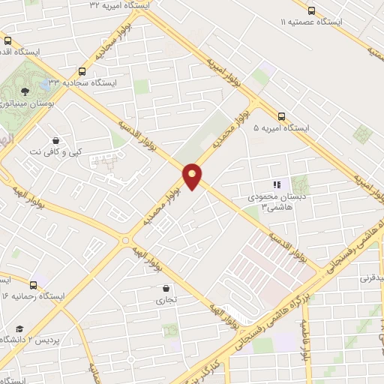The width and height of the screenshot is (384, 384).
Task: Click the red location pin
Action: point(193,175)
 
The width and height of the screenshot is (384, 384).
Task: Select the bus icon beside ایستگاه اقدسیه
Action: point(7,41)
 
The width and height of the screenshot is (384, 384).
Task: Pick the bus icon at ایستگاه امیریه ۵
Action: point(281,115)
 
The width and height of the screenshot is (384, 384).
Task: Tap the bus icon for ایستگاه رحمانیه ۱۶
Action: point(33,284)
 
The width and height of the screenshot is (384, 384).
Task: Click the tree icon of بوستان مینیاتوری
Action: point(25,91)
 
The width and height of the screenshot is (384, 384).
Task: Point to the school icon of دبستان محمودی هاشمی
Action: point(276,184)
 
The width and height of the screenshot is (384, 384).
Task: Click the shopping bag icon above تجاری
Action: point(165,288)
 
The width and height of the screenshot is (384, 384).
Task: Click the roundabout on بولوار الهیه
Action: point(125,240)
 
